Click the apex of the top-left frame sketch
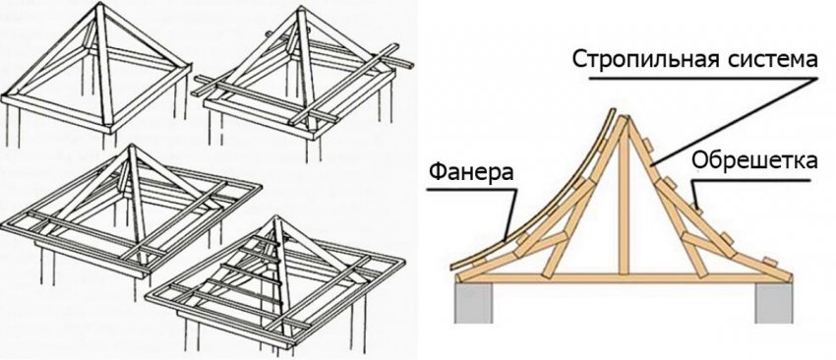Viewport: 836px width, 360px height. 99,8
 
